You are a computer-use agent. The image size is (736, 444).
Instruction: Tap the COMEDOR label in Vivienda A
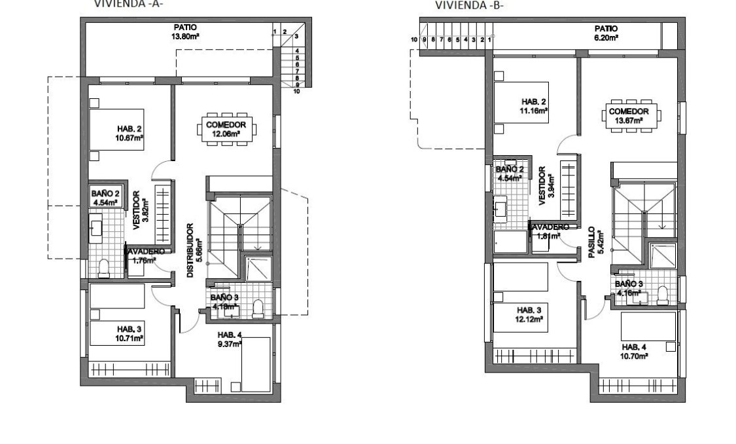(225, 124)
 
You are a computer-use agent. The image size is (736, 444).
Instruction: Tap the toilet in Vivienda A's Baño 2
(103, 267)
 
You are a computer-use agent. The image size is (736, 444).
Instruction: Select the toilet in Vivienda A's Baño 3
(257, 308)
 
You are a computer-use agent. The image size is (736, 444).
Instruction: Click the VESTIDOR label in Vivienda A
(136, 212)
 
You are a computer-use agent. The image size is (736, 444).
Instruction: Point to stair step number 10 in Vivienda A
(297, 92)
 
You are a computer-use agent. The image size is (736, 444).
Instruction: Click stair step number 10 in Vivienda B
(414, 40)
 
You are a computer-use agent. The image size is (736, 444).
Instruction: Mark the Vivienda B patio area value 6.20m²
(606, 38)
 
